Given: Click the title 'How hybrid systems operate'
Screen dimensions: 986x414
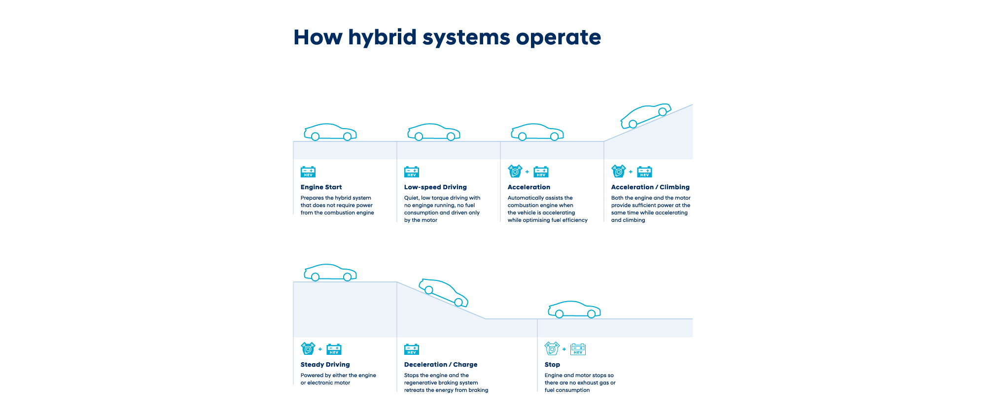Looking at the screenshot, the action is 447,37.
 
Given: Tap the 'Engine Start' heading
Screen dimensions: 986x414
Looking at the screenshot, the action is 321,187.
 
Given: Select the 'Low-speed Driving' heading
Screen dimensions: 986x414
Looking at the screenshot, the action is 435,187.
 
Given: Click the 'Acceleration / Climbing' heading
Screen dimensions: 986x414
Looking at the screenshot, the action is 650,187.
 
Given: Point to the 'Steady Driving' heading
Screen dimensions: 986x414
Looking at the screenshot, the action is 325,365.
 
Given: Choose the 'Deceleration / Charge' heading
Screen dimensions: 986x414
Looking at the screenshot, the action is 441,365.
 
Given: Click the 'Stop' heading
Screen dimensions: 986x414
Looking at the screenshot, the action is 552,365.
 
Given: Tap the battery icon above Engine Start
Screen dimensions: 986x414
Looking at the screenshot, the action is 308,172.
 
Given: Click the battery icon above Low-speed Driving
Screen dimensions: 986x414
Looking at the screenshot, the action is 412,172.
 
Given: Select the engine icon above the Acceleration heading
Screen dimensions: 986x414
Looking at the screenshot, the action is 515,171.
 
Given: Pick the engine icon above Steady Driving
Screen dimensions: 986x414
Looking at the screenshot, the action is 308,348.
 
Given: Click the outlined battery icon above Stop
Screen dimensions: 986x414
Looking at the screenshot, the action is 578,349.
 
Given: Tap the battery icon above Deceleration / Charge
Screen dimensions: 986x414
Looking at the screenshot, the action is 412,349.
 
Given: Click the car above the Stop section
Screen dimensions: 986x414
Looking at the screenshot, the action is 574,310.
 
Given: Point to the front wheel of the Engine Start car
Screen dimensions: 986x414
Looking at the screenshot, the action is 347,137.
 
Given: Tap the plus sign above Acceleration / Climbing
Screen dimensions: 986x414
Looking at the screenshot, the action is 631,172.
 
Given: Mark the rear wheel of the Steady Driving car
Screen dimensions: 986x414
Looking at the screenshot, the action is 315,277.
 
